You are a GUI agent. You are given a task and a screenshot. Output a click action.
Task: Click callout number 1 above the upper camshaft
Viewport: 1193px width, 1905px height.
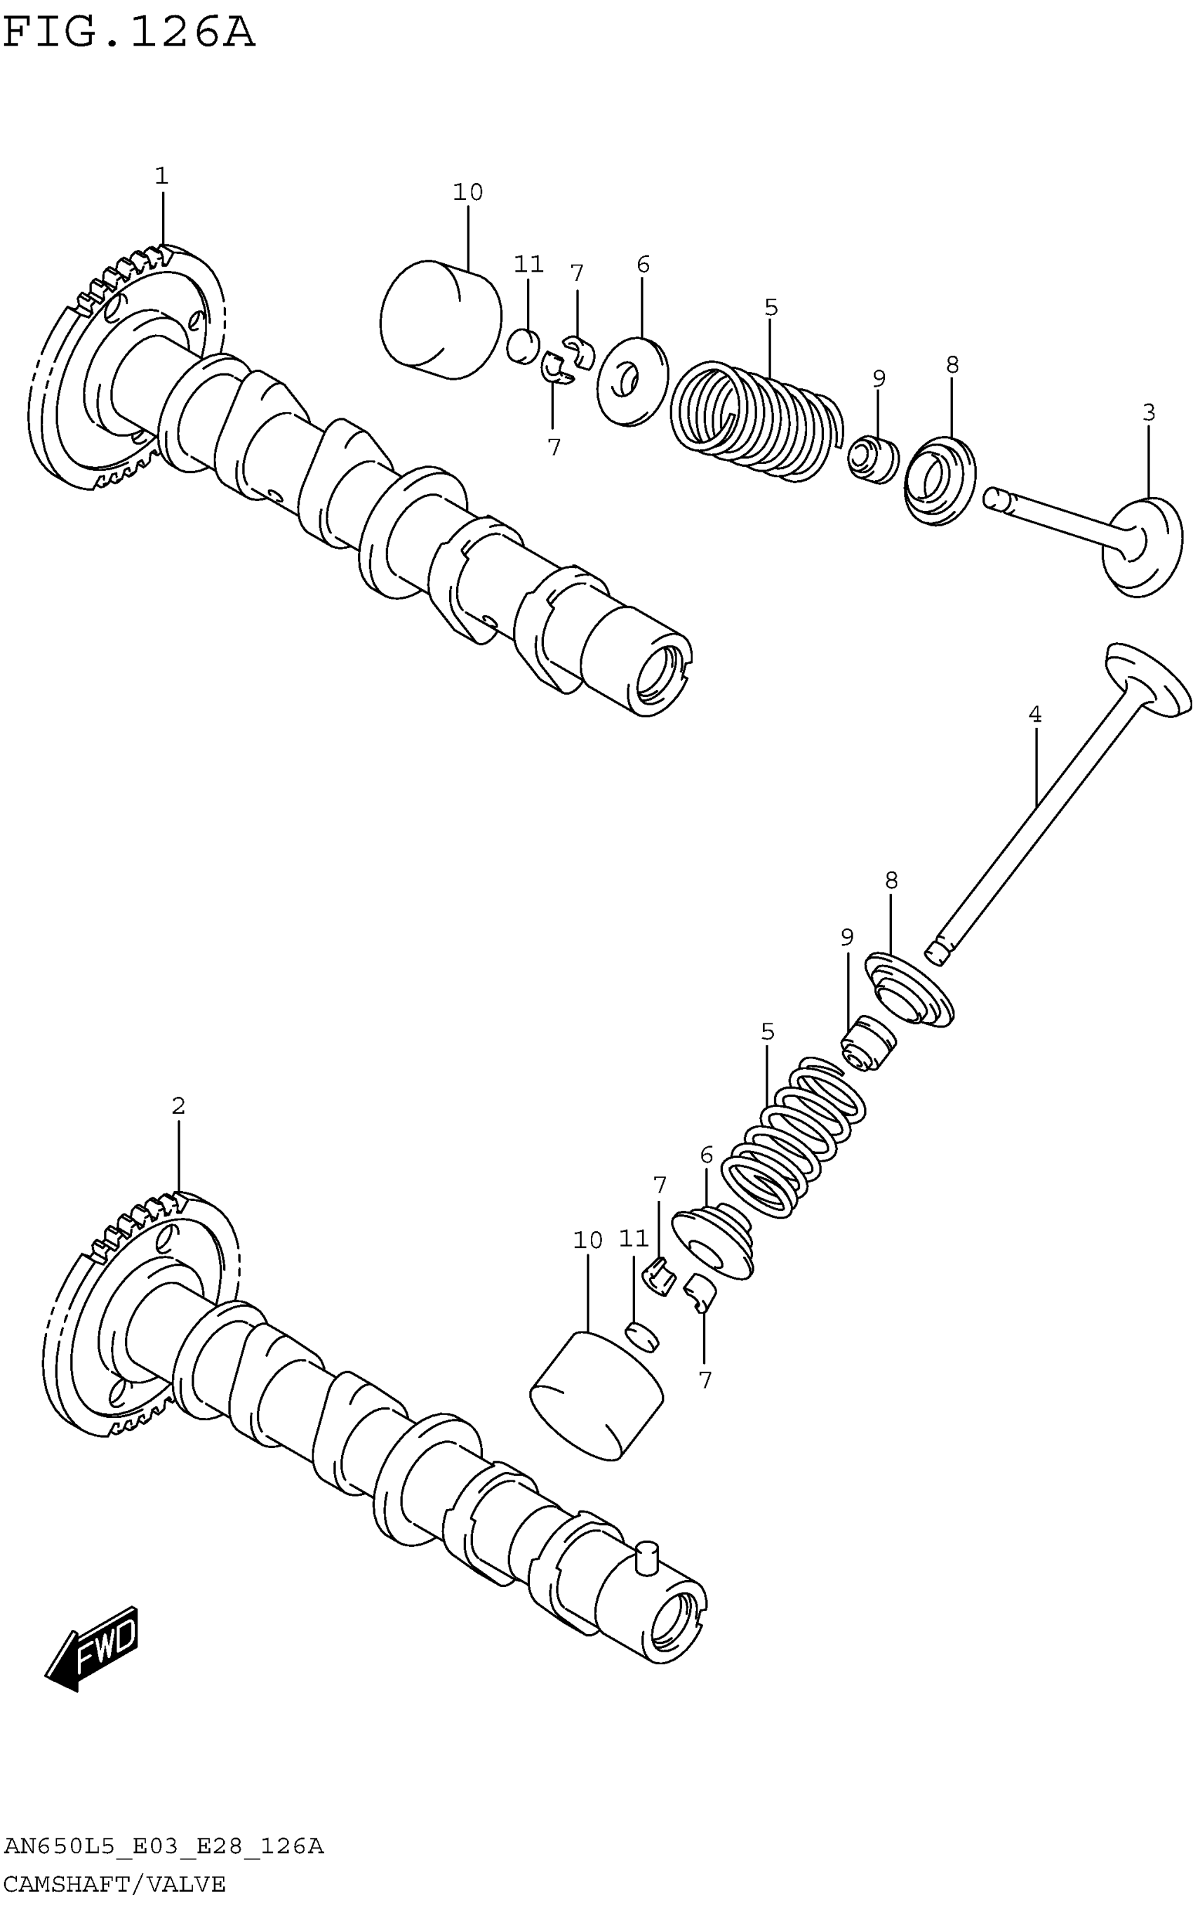coord(161,176)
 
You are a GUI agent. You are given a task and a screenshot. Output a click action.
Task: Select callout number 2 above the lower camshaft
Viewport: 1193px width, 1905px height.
coord(178,1106)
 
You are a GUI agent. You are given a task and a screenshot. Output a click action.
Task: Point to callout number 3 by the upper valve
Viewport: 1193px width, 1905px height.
coord(1149,413)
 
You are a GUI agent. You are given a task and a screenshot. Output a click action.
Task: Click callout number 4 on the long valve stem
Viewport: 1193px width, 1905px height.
coord(1035,715)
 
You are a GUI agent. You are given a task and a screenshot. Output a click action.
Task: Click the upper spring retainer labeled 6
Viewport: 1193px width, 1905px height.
coord(633,382)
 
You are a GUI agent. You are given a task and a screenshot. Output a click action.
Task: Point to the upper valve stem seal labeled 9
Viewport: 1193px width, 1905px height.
coord(874,458)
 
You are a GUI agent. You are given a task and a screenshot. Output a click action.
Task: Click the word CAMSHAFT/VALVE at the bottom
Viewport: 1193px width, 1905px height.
coord(115,1885)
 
